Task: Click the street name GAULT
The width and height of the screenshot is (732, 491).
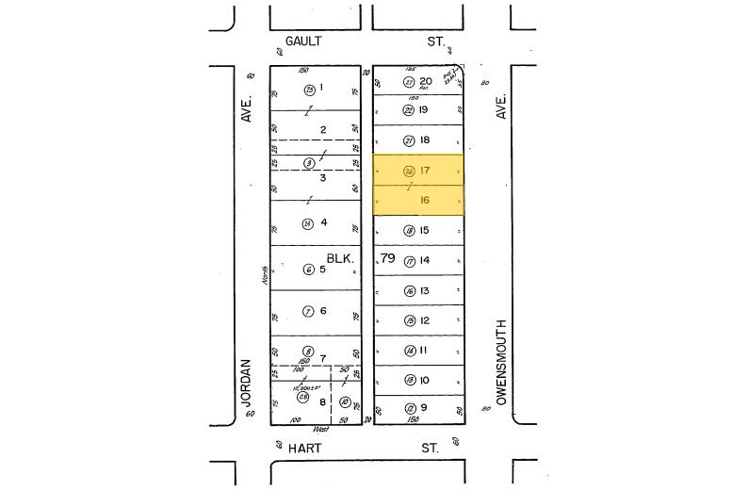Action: click(x=302, y=41)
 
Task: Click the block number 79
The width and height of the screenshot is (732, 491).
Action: click(x=388, y=257)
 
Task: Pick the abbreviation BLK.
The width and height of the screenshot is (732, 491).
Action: click(x=339, y=257)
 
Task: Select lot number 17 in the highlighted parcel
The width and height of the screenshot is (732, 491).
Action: click(x=425, y=171)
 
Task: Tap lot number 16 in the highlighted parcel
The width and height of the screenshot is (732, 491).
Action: click(x=425, y=201)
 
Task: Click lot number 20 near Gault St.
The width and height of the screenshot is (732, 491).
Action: click(x=426, y=81)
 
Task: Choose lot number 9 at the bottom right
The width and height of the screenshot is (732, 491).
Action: click(x=425, y=408)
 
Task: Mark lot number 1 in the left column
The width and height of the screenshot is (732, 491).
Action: click(x=322, y=89)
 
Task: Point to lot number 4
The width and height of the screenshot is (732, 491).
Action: click(x=323, y=223)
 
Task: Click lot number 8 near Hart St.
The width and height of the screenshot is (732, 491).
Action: click(x=322, y=401)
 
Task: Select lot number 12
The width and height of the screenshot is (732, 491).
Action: click(x=425, y=320)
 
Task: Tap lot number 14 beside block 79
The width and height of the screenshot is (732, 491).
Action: click(x=425, y=260)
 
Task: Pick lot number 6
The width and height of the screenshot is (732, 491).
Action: click(x=322, y=311)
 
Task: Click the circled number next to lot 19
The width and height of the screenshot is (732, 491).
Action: click(x=408, y=110)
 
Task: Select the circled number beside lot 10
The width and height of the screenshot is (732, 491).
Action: click(x=409, y=380)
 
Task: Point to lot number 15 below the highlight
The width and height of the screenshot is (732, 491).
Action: click(x=425, y=230)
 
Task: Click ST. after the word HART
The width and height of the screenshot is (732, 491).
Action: click(x=431, y=449)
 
